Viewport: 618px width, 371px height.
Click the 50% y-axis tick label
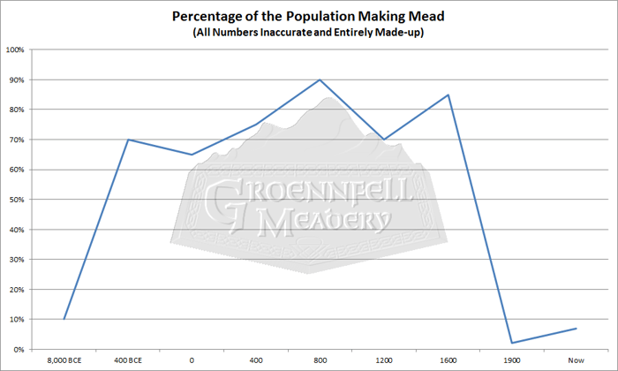point(17,200)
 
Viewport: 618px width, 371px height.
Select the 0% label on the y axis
point(19,350)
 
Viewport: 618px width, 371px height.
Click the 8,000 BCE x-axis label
point(64,360)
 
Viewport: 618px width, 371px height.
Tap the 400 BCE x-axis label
point(128,360)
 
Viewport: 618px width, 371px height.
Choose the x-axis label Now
point(575,360)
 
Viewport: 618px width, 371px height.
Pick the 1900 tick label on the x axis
point(511,360)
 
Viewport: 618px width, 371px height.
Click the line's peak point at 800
point(320,79)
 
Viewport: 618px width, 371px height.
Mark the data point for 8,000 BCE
point(64,319)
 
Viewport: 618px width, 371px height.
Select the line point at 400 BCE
point(128,140)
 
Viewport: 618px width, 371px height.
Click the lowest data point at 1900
point(511,343)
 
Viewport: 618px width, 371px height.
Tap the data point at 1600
point(448,95)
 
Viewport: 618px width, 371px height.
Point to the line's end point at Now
point(575,329)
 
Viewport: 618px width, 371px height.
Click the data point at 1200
point(383,140)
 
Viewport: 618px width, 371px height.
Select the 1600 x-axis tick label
point(448,360)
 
